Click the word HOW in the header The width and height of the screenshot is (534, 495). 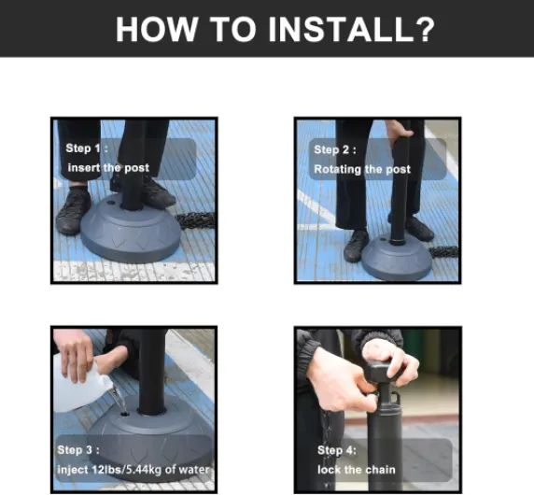pyautogui.click(x=157, y=29)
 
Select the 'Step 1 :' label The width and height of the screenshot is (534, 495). pyautogui.click(x=87, y=148)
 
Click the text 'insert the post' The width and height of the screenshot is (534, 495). pyautogui.click(x=108, y=167)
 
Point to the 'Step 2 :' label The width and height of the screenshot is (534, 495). pyautogui.click(x=335, y=149)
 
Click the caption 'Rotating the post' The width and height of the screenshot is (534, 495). pyautogui.click(x=362, y=169)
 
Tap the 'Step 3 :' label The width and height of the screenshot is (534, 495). pyautogui.click(x=78, y=449)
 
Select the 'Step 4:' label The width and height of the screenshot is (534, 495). pyautogui.click(x=337, y=450)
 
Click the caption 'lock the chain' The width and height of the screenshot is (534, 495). pyautogui.click(x=357, y=470)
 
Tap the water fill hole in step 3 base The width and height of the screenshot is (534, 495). pyautogui.click(x=125, y=415)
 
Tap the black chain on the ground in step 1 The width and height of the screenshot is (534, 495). pyautogui.click(x=197, y=220)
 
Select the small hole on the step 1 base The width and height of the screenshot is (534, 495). pyautogui.click(x=110, y=203)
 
